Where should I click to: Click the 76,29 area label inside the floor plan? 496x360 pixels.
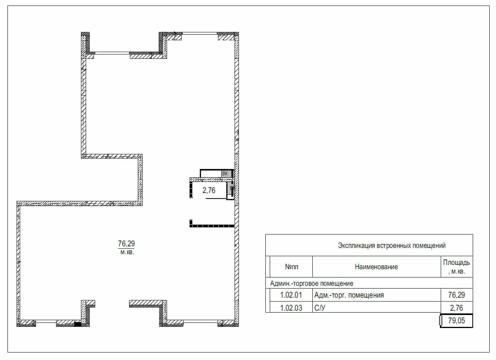coord(126,244)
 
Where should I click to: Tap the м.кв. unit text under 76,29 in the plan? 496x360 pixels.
coord(127,252)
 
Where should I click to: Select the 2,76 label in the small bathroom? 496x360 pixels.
coord(209,190)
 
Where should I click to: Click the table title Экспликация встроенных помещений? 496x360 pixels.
coord(392,246)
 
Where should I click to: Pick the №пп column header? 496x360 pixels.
coord(291,267)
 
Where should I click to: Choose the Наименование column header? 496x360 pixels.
coord(376,267)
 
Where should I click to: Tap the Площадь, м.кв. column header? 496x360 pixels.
coord(457,267)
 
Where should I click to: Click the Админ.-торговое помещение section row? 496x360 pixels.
coord(312,283)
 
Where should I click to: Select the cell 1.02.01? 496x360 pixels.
coord(291,295)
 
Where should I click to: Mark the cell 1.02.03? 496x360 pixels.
coord(291,308)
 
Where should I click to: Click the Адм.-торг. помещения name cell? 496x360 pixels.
coord(349,295)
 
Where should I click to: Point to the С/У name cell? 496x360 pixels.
coord(319,308)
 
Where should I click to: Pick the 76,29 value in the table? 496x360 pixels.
coord(457,295)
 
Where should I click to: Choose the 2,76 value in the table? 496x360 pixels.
coord(457,308)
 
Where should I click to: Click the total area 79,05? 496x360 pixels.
coord(457,321)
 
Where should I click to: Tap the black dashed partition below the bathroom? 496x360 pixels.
coord(212,226)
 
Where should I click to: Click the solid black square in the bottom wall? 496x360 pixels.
coord(78,324)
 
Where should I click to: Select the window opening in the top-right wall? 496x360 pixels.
coord(199,34)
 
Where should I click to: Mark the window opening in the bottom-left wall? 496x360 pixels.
coord(46,321)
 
